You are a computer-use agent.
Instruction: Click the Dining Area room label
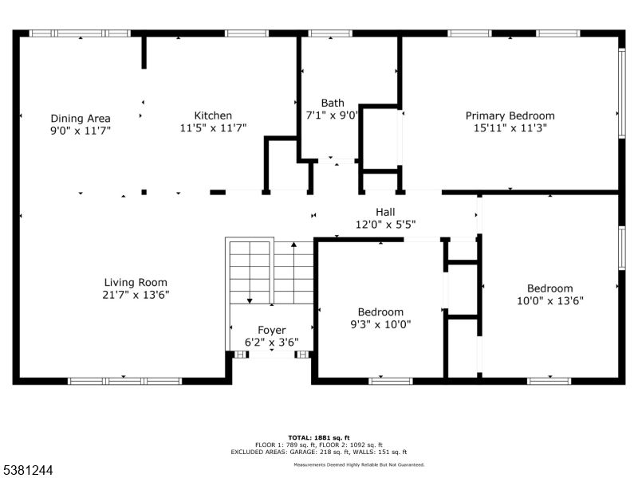tap(80, 118)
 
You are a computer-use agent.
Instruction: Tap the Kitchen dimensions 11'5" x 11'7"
tap(213, 127)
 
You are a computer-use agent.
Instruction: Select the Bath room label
tap(333, 103)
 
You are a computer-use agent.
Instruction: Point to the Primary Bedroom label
tap(510, 116)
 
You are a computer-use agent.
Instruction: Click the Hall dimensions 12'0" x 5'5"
tap(385, 224)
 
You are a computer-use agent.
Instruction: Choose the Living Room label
tap(136, 282)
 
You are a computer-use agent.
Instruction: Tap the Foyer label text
tap(271, 331)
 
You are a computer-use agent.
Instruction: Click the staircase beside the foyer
tap(271, 271)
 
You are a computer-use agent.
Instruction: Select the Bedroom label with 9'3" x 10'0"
tap(380, 311)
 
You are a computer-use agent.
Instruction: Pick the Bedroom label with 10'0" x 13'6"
tap(549, 288)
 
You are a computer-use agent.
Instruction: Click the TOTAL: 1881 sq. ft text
tap(319, 437)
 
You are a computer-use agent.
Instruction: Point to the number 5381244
tap(28, 471)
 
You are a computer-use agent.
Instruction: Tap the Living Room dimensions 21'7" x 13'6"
tap(136, 294)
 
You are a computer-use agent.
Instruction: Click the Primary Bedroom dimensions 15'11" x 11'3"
tap(510, 127)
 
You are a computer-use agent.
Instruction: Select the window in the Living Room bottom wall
tap(124, 381)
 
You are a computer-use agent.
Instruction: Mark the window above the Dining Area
tap(80, 33)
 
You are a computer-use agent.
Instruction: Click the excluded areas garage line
tap(319, 451)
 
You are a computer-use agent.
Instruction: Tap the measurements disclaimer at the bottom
tap(359, 464)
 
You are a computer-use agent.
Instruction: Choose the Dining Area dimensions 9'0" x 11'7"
tap(80, 130)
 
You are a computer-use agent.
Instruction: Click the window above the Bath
tap(330, 33)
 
